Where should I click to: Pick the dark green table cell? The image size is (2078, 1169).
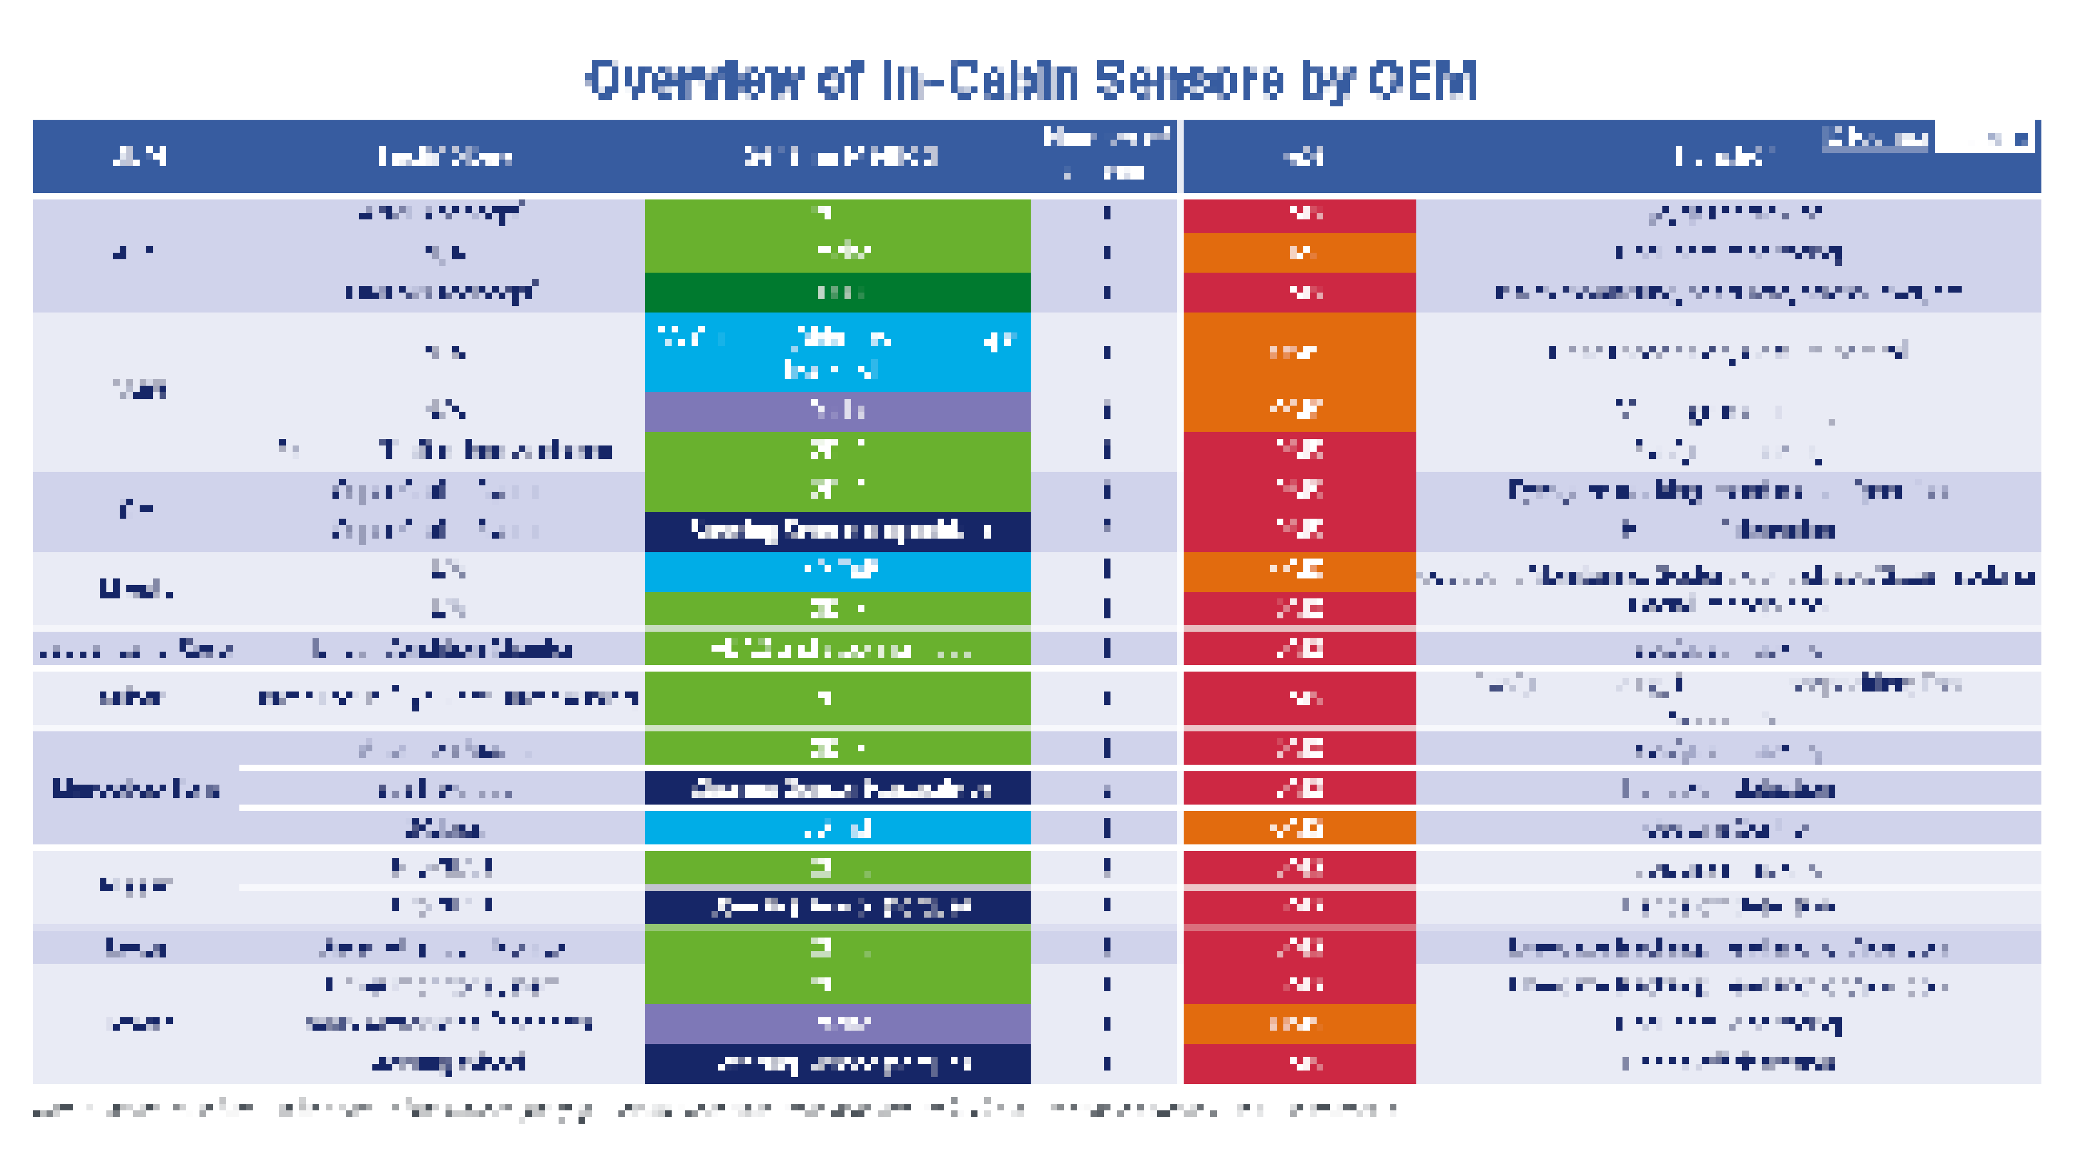[x=837, y=292]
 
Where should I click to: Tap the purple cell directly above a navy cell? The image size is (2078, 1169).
[x=837, y=1023]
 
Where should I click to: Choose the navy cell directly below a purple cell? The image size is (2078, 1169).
[x=837, y=1063]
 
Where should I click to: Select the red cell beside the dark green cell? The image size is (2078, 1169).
[x=1299, y=292]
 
